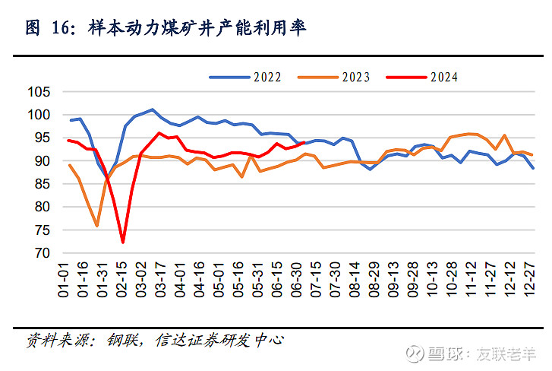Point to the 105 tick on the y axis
pyautogui.click(x=40, y=92)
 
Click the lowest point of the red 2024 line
pyautogui.click(x=123, y=243)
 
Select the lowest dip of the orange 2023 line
pyautogui.click(x=97, y=226)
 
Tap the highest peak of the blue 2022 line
pyautogui.click(x=153, y=109)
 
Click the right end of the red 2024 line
pyautogui.click(x=304, y=142)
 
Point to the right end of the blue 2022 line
pyautogui.click(x=532, y=168)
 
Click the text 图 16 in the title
pyautogui.click(x=42, y=28)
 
